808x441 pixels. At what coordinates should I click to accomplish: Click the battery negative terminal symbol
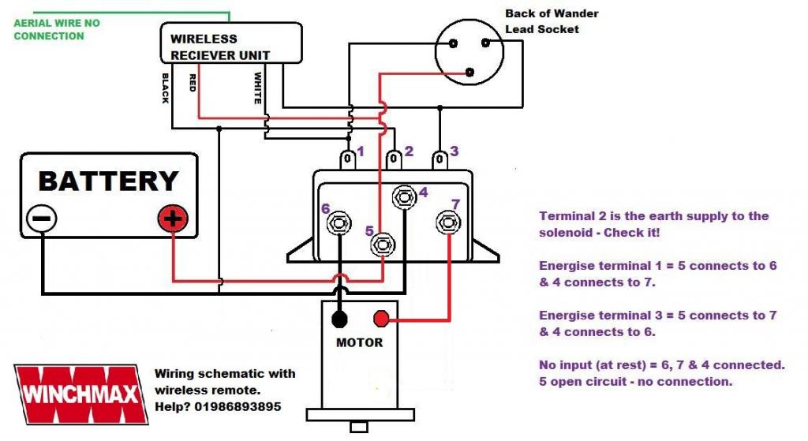click(x=41, y=218)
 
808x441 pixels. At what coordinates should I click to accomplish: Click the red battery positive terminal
click(x=173, y=218)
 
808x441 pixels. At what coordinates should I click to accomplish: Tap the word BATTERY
click(x=108, y=181)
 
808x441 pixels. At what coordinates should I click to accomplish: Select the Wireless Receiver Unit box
click(x=230, y=43)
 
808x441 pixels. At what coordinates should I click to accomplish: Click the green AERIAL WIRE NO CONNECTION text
click(x=57, y=29)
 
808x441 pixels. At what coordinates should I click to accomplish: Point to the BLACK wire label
click(x=165, y=88)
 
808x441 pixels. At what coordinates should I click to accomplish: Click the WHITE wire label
click(x=257, y=88)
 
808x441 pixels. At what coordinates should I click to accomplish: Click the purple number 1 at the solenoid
click(x=360, y=151)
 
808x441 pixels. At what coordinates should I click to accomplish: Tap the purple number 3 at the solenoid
click(x=454, y=151)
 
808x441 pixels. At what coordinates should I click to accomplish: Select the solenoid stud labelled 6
click(x=339, y=222)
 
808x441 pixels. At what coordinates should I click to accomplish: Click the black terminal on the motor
click(x=339, y=319)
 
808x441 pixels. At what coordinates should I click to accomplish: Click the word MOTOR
click(x=359, y=342)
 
